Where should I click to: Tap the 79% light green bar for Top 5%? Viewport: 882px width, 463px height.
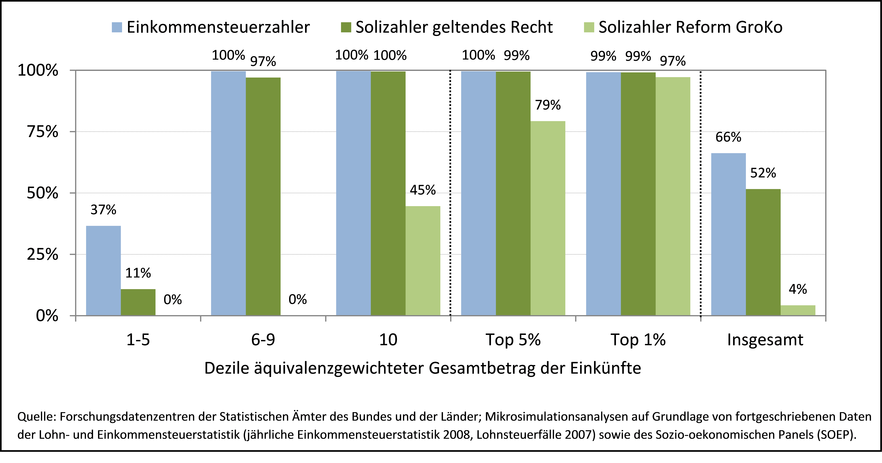(x=548, y=218)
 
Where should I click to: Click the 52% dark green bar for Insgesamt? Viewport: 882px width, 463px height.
(x=763, y=252)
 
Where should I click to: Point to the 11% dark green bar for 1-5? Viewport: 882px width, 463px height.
(x=138, y=302)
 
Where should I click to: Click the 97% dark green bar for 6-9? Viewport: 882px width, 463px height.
(x=263, y=196)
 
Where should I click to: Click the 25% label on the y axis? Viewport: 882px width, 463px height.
(x=42, y=254)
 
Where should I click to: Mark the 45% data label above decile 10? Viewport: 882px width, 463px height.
(x=423, y=190)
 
